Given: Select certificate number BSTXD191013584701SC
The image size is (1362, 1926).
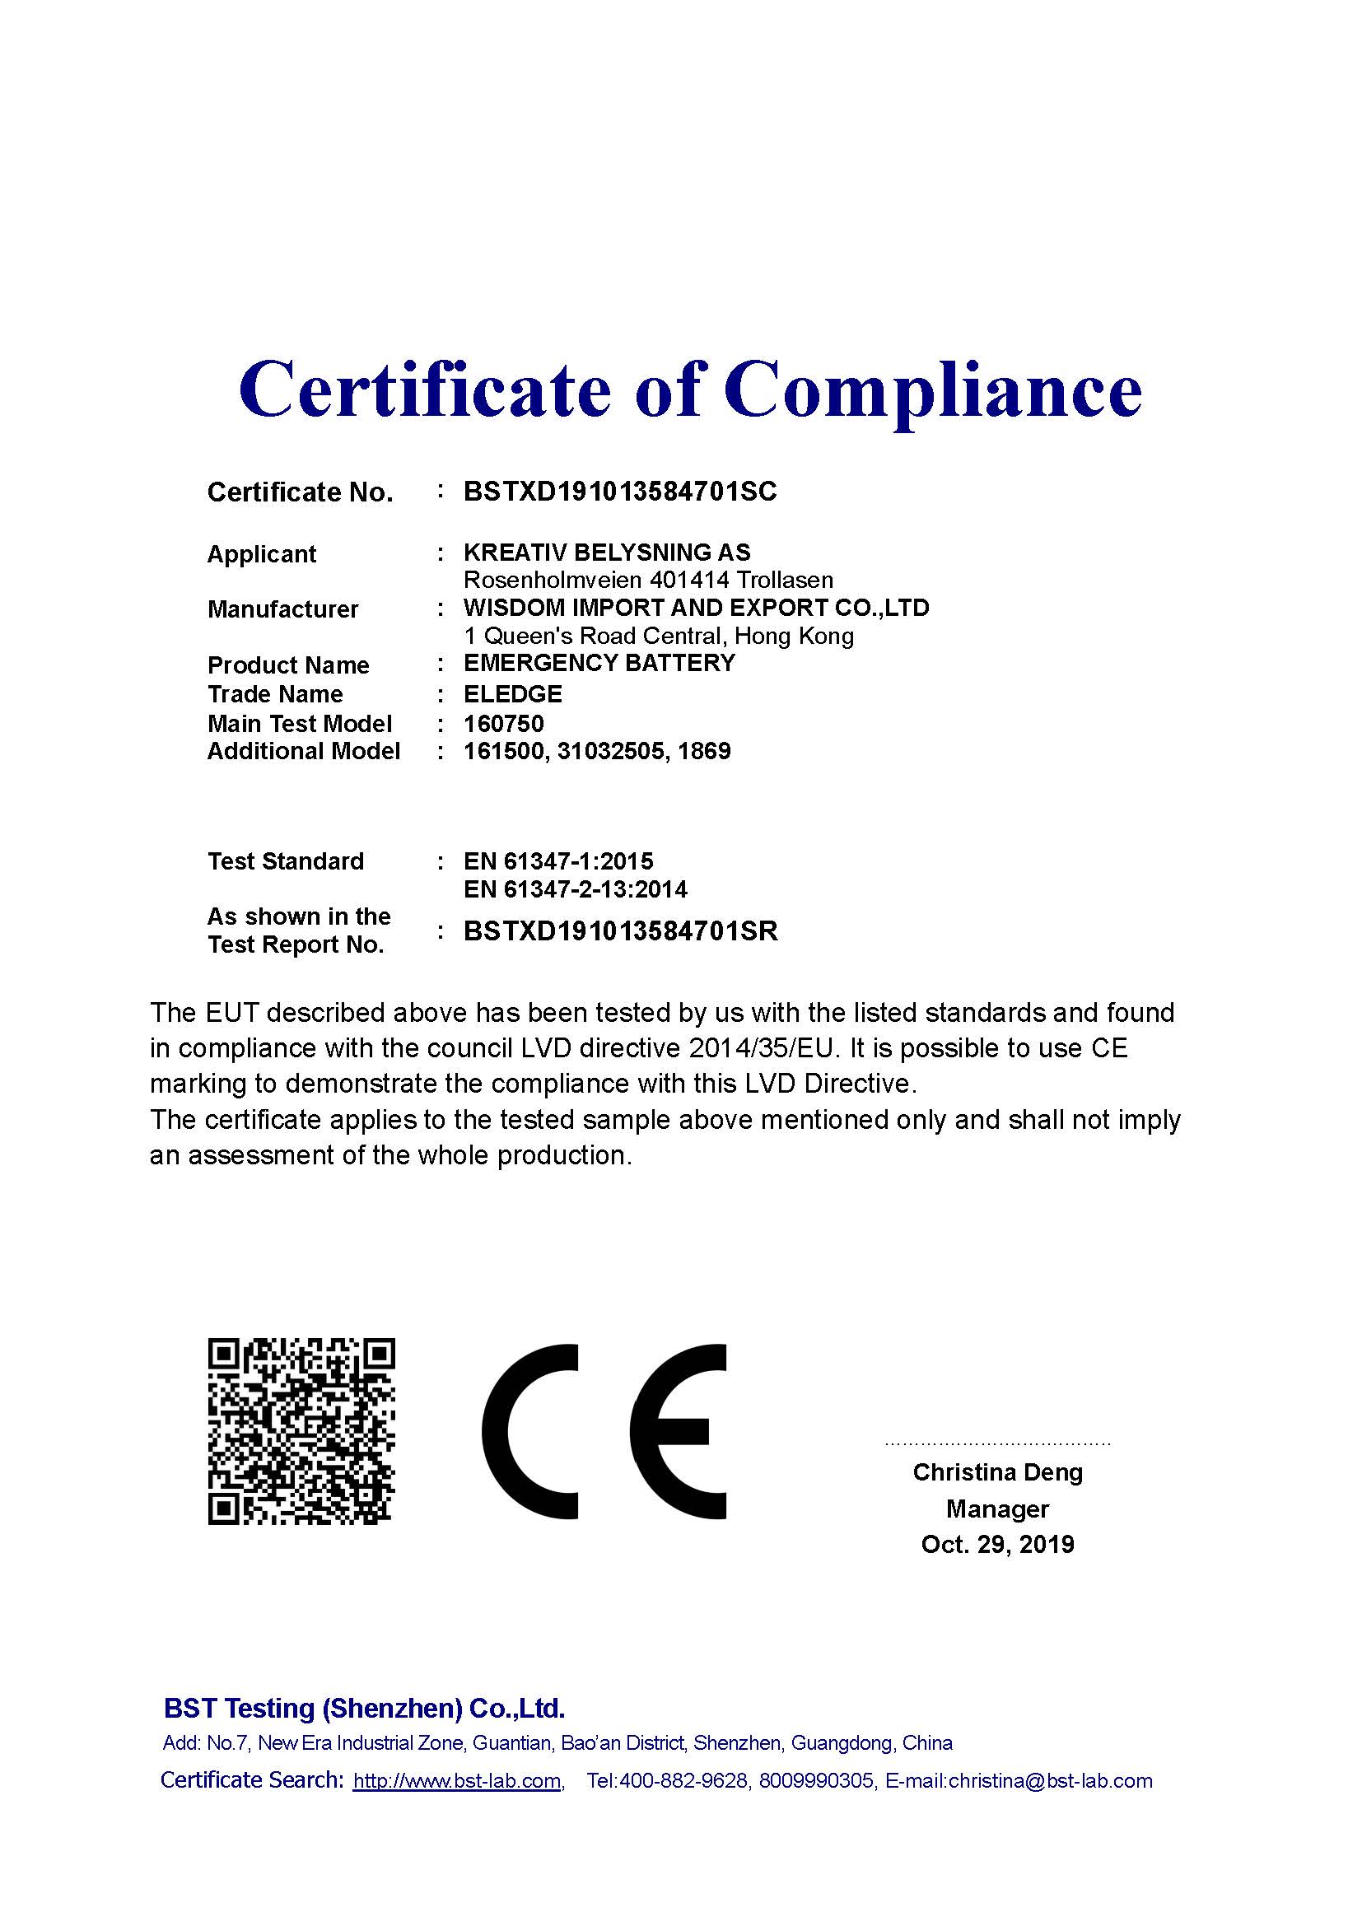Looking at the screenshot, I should pyautogui.click(x=620, y=492).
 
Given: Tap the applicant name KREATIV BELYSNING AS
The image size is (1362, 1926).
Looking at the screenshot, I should pyautogui.click(x=606, y=552).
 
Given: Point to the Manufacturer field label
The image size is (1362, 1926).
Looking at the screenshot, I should pyautogui.click(x=282, y=609).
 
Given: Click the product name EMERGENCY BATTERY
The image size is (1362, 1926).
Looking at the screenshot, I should pyautogui.click(x=599, y=663).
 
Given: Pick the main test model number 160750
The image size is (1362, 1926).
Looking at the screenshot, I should pyautogui.click(x=503, y=723).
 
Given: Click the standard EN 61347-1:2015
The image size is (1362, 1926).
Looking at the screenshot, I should pyautogui.click(x=557, y=860).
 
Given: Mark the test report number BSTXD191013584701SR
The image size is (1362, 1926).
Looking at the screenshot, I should pyautogui.click(x=621, y=931).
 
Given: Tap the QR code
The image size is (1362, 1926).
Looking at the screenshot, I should pyautogui.click(x=301, y=1432).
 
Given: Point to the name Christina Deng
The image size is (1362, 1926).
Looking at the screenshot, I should pyautogui.click(x=997, y=1472).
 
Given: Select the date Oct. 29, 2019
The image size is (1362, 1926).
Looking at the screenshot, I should pyautogui.click(x=997, y=1544).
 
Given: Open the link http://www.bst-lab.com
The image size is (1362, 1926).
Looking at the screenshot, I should pyautogui.click(x=457, y=1781).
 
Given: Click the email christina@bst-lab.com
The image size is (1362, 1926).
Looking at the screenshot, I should pyautogui.click(x=1050, y=1781).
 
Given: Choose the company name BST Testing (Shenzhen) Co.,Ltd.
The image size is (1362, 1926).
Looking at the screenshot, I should pyautogui.click(x=364, y=1709).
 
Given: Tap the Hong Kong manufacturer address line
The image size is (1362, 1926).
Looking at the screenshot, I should pyautogui.click(x=659, y=636).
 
